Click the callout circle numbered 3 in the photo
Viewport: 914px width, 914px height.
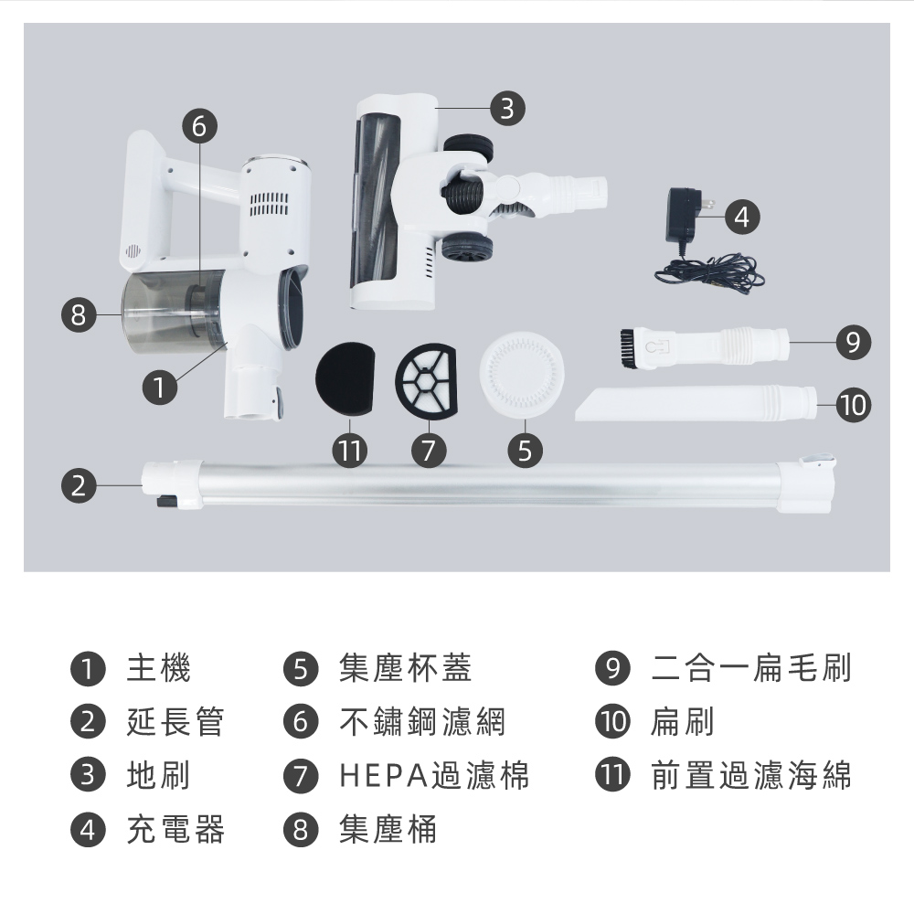507,109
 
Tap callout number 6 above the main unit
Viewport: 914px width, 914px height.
199,126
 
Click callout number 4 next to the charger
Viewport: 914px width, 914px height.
741,217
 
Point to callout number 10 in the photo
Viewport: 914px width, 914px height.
854,405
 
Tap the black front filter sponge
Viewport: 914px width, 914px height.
344,378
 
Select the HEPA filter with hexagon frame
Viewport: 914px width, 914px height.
426,380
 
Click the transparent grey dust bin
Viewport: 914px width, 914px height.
172,312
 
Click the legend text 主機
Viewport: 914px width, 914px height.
158,668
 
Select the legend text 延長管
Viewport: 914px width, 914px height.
175,722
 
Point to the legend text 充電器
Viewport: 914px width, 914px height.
175,829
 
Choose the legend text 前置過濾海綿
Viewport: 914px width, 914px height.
750,775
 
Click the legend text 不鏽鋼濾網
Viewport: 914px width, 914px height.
422,722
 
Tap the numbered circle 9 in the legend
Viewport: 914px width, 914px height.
612,668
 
